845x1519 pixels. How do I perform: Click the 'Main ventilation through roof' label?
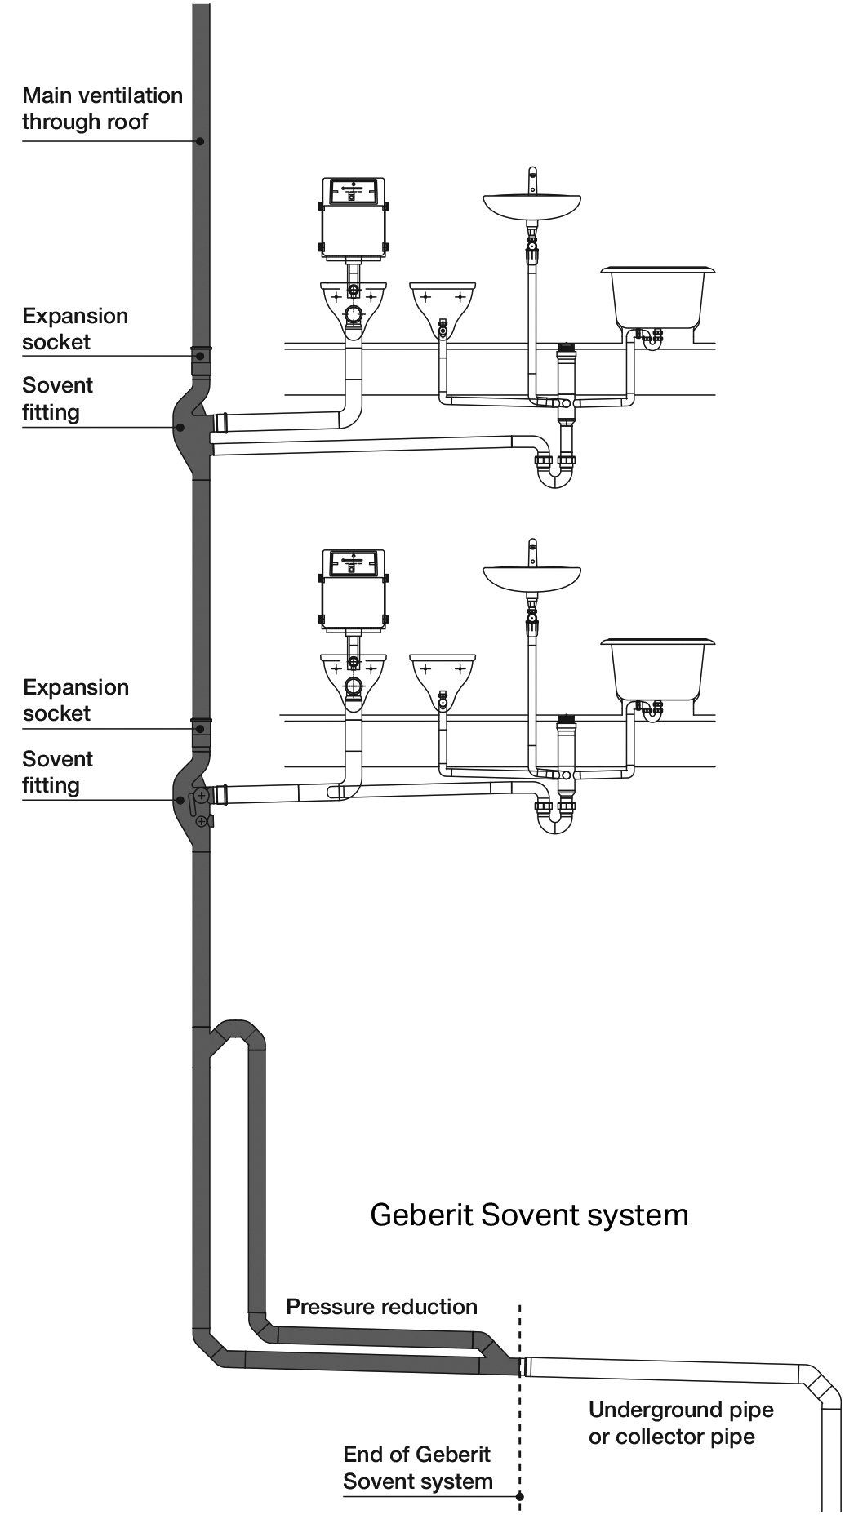click(x=102, y=109)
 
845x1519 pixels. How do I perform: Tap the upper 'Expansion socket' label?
click(x=75, y=329)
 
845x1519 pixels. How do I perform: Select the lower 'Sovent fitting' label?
click(x=57, y=772)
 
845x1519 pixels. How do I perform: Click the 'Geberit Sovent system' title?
click(x=529, y=1215)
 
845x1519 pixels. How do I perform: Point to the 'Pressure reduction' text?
click(x=381, y=1307)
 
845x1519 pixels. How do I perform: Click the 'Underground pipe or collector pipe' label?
click(x=681, y=1423)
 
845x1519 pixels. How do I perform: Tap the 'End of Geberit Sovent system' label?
click(x=417, y=1468)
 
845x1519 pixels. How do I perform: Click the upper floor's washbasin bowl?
click(x=531, y=207)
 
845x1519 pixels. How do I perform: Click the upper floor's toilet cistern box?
click(x=353, y=218)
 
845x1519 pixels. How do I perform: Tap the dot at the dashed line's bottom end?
click(x=520, y=1496)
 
